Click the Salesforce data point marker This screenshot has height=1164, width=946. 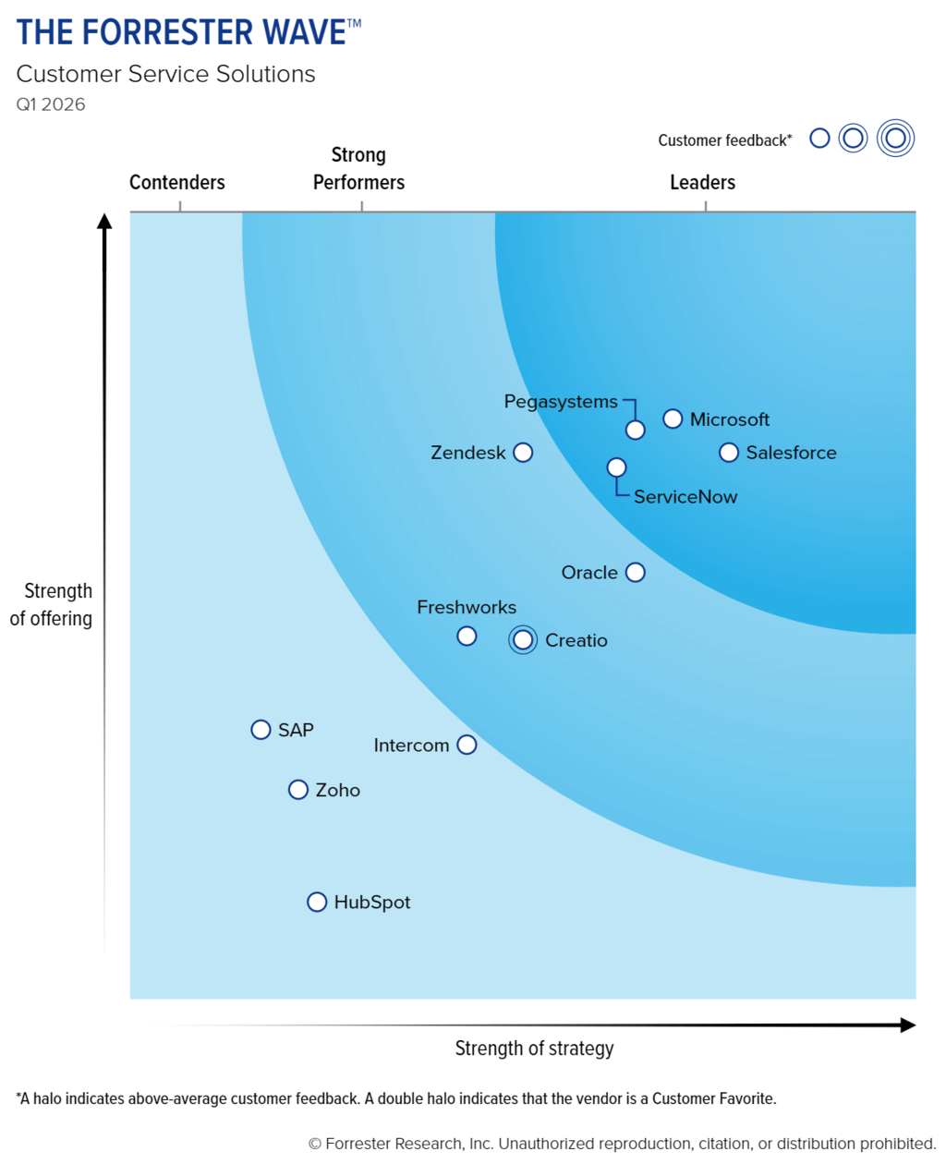click(x=729, y=453)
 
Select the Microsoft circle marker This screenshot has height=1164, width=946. click(x=673, y=419)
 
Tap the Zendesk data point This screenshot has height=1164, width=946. click(x=523, y=453)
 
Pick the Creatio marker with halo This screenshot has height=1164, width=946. click(x=523, y=639)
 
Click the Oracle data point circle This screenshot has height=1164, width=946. click(x=635, y=573)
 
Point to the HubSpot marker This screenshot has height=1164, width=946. click(x=317, y=902)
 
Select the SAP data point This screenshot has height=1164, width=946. click(x=261, y=730)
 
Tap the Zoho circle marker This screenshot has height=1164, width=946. click(x=297, y=790)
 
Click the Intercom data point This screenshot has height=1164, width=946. click(x=467, y=745)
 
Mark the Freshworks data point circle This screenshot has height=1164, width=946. click(x=467, y=637)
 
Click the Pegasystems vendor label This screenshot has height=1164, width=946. click(x=560, y=402)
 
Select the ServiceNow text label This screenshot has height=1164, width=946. click(x=685, y=497)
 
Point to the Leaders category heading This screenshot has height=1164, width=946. click(x=702, y=183)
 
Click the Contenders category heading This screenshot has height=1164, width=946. click(x=176, y=183)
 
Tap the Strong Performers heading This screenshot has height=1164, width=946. click(x=358, y=169)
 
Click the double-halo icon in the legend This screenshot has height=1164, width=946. click(x=894, y=139)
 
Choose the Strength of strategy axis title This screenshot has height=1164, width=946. click(x=534, y=1049)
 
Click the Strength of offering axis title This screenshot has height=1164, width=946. click(x=53, y=605)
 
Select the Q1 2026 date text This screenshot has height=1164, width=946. click(x=51, y=104)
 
